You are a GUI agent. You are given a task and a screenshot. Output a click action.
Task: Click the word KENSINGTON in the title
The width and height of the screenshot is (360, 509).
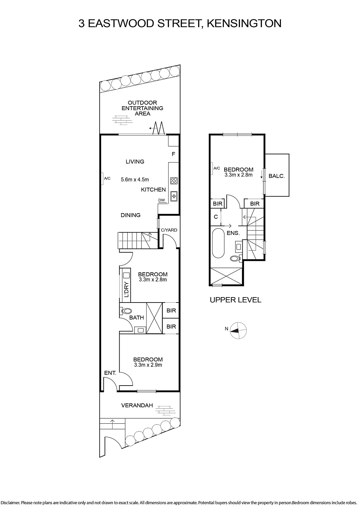coord(244,23)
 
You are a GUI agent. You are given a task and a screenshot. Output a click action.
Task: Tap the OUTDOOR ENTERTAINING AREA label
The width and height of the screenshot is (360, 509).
coord(142,108)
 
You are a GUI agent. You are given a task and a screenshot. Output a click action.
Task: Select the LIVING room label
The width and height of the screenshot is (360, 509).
coord(135,162)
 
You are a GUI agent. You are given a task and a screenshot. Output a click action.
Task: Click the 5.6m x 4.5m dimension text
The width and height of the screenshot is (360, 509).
coord(135,179)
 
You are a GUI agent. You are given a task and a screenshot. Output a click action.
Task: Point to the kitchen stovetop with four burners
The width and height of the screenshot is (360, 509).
coord(174,181)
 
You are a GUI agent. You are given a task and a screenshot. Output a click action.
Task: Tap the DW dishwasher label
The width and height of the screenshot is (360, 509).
coord(162,200)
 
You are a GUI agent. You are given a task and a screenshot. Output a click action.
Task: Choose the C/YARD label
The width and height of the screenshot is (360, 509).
coord(169,230)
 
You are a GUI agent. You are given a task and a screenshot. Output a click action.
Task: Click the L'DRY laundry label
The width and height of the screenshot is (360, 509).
coord(127,289)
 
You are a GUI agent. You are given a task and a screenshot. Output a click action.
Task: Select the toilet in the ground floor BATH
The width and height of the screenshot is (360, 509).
coord(126,311)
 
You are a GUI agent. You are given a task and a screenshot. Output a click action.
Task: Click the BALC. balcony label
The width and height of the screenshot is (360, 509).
coord(277,176)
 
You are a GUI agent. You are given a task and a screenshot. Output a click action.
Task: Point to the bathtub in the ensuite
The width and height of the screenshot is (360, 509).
coord(218,243)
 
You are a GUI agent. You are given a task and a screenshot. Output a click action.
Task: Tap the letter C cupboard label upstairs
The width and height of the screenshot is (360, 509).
coord(216,217)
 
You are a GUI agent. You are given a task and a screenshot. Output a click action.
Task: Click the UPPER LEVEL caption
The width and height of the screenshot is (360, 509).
coord(236,300)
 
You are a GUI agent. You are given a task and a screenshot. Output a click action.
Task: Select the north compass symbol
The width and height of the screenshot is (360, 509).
coord(238,331)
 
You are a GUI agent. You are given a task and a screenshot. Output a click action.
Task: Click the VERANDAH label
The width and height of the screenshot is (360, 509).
coord(137,405)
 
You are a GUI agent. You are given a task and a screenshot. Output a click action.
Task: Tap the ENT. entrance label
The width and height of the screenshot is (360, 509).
coord(110,373)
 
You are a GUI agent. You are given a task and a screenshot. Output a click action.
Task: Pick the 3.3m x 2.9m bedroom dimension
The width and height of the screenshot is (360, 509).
coord(148,365)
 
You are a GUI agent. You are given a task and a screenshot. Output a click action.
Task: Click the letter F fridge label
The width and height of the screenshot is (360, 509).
coord(173,154)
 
